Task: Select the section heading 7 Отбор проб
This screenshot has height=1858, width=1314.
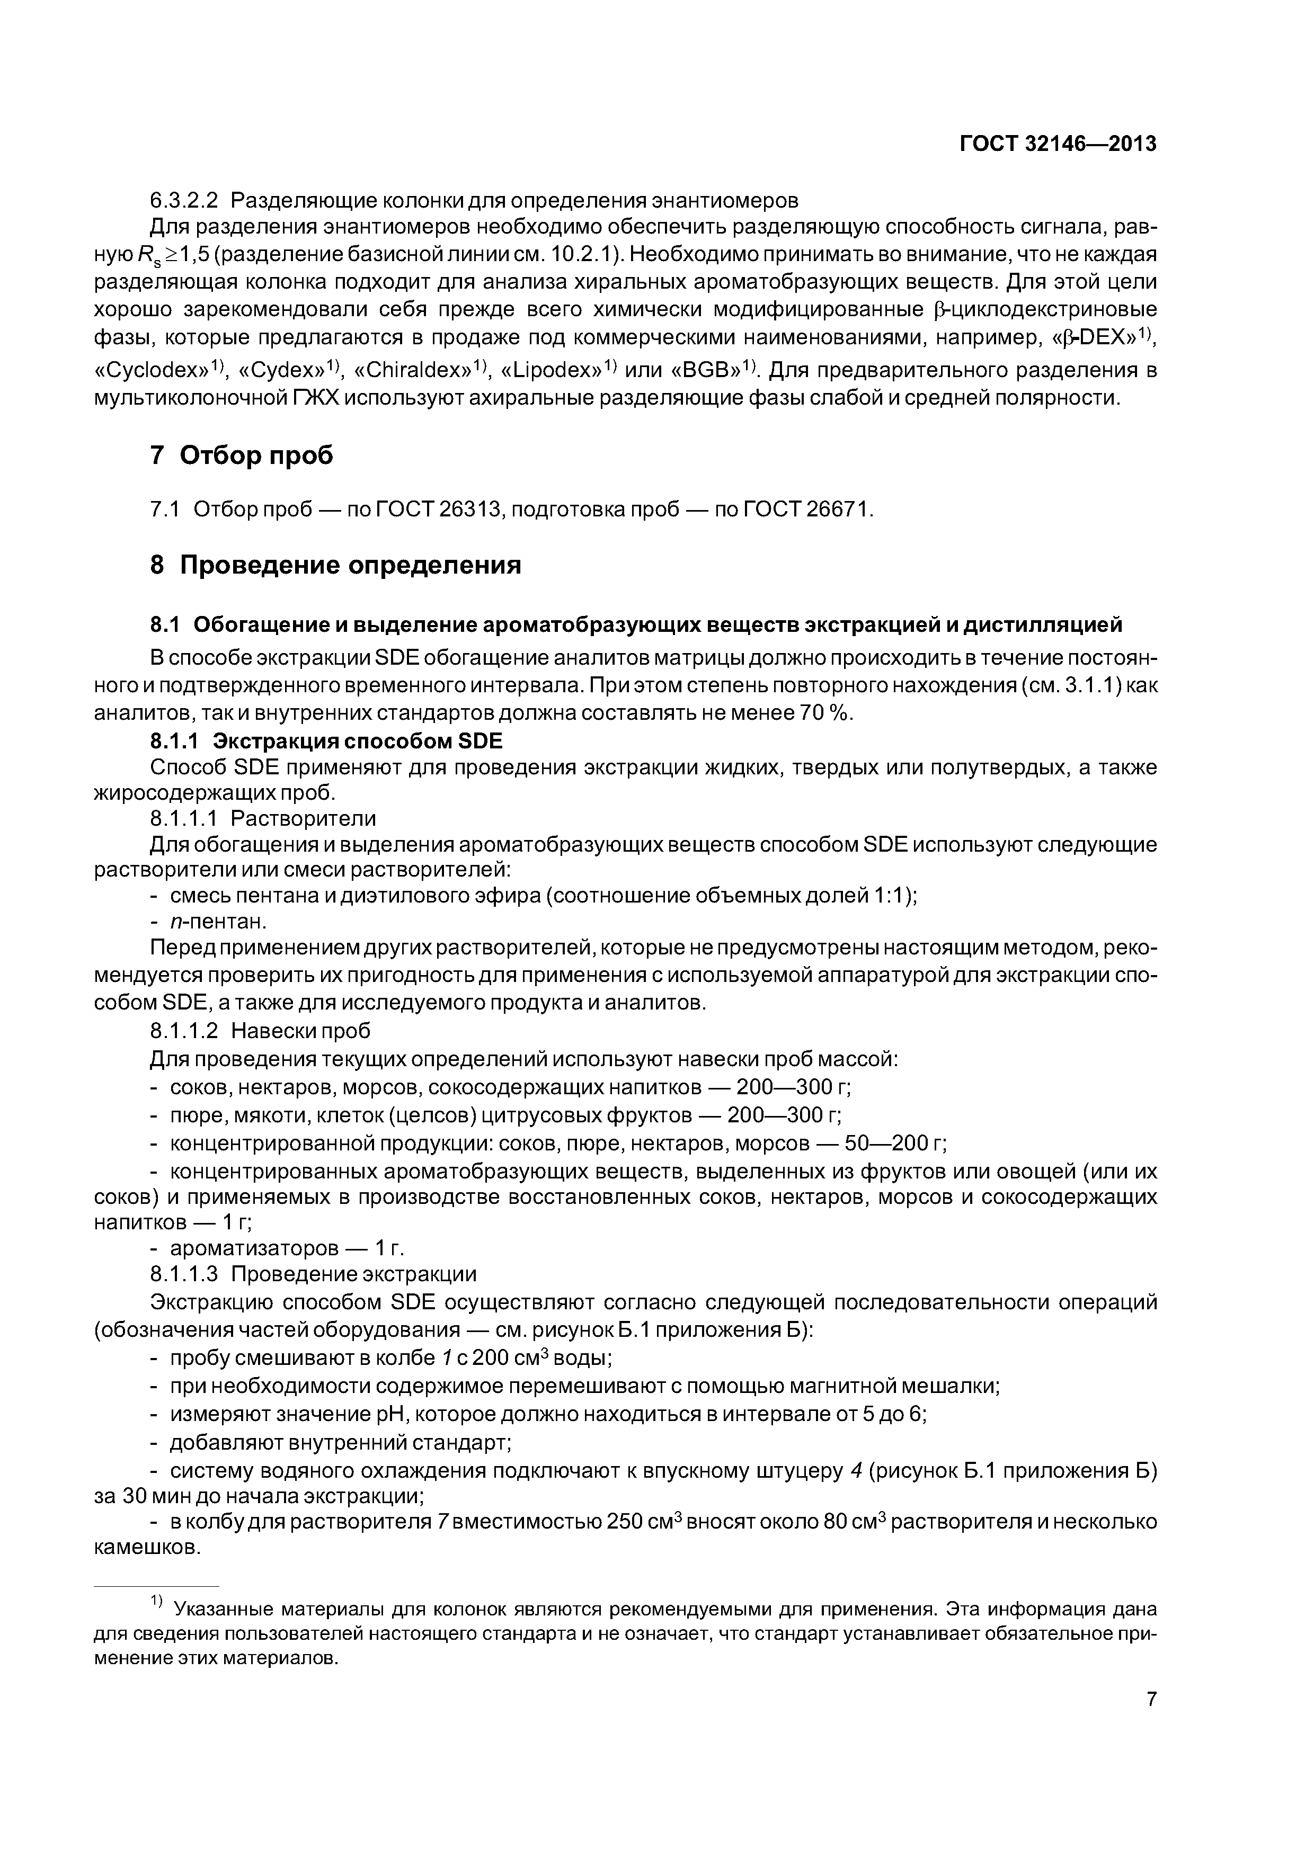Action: pyautogui.click(x=241, y=455)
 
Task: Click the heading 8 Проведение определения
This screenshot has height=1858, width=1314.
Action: pyautogui.click(x=335, y=564)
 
